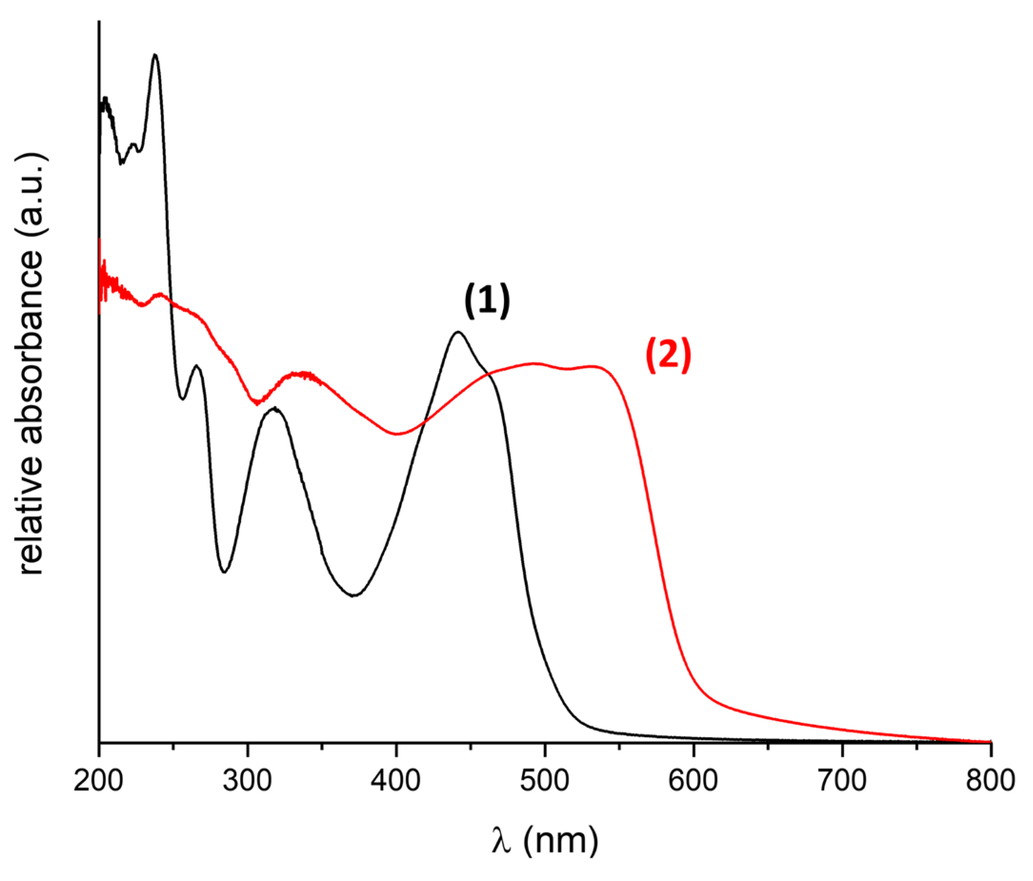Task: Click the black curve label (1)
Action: pyautogui.click(x=487, y=300)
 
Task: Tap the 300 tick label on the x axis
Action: pyautogui.click(x=247, y=781)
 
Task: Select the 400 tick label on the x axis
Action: pyautogui.click(x=396, y=781)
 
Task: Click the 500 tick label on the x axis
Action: pyautogui.click(x=544, y=781)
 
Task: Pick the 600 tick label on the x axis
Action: pyautogui.click(x=693, y=781)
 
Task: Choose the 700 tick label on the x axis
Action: pyautogui.click(x=842, y=781)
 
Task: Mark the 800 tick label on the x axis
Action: pyautogui.click(x=990, y=781)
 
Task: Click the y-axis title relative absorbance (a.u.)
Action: pyautogui.click(x=31, y=364)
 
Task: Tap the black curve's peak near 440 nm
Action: pyautogui.click(x=458, y=332)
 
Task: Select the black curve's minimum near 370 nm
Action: pyautogui.click(x=353, y=595)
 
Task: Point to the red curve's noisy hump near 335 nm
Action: pyautogui.click(x=301, y=374)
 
